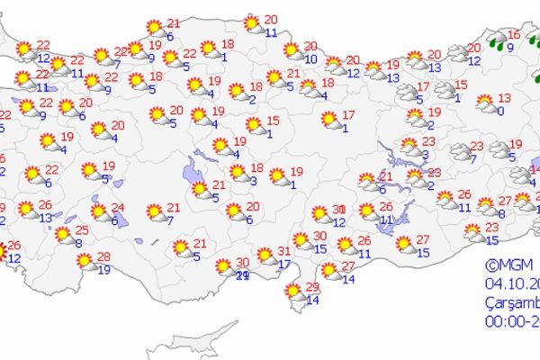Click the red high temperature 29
(x=312, y=286)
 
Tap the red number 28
(x=103, y=257)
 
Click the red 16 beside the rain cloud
(x=513, y=35)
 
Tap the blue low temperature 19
(x=104, y=269)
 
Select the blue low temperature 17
(x=283, y=264)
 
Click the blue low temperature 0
(x=500, y=110)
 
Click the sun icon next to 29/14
(x=292, y=291)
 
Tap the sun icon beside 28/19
(x=85, y=262)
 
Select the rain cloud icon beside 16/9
(x=495, y=40)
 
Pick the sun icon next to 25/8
(x=63, y=235)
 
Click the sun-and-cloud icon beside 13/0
(x=484, y=102)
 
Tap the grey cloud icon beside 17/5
(x=400, y=90)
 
